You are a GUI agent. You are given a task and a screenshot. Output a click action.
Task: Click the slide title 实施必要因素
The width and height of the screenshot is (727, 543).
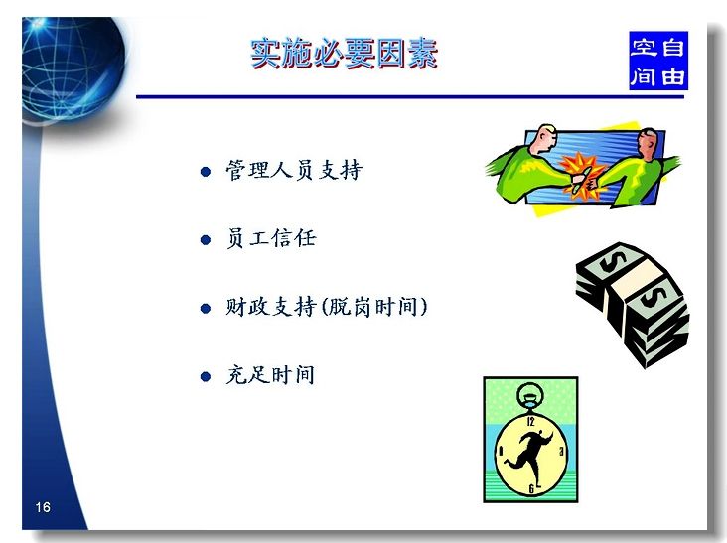[x=344, y=54]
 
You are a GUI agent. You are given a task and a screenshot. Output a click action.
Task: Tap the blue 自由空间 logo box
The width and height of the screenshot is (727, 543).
[x=657, y=61]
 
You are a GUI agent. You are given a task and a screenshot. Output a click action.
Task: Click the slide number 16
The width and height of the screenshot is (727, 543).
[x=43, y=507]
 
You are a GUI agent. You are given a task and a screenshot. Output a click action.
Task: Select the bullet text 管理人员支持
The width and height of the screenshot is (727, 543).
[x=294, y=170]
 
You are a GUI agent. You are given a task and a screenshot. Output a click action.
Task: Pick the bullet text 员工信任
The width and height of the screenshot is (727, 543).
[x=271, y=238]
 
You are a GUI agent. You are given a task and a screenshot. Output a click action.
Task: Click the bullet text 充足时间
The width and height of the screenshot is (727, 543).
[x=270, y=375]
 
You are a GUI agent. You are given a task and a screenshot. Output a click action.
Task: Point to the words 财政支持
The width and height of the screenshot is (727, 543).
[x=271, y=307]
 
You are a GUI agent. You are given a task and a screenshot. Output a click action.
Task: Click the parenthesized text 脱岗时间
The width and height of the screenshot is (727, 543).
[x=373, y=307]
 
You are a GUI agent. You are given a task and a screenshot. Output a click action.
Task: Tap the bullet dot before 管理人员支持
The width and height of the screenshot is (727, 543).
[x=206, y=172]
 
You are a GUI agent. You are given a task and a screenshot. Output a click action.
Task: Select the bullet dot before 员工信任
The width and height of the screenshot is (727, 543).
[x=206, y=240]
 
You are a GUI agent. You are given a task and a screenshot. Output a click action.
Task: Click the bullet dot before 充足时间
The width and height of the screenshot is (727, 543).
[x=206, y=376]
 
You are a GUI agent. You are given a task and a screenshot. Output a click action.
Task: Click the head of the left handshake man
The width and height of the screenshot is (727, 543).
[x=544, y=139]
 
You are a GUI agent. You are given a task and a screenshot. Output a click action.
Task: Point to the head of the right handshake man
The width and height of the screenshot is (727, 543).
[x=647, y=143]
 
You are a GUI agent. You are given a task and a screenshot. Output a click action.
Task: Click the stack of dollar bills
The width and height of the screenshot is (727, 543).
[x=633, y=305]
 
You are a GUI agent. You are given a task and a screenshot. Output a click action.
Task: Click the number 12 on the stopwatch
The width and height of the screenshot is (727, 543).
[x=531, y=421]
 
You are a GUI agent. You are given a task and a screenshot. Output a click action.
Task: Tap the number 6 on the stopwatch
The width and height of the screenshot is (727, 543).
[x=531, y=488]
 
